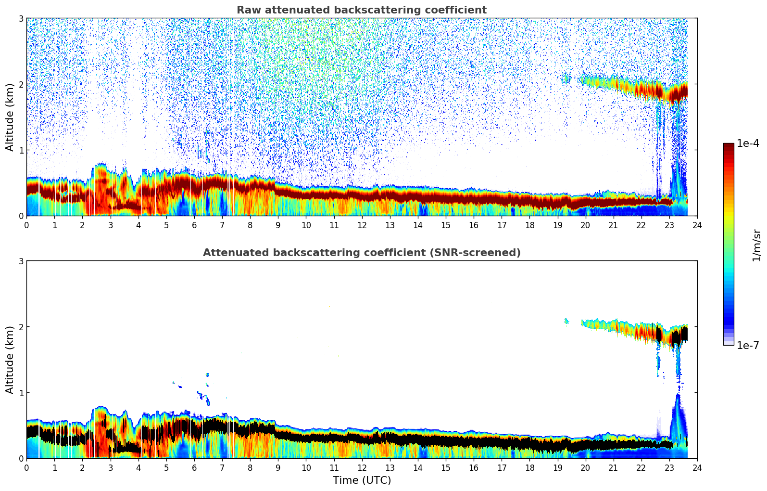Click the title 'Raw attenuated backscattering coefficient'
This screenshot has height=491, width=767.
click(361, 10)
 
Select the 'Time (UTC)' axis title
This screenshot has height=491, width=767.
click(362, 480)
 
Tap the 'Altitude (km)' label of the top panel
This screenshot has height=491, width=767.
click(10, 117)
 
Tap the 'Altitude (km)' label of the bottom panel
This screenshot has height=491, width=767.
click(10, 360)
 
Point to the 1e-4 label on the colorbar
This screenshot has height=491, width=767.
click(748, 143)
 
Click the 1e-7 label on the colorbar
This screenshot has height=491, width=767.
click(748, 345)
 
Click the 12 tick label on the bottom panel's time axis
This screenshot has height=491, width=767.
click(362, 468)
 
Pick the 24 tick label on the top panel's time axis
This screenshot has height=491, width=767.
click(697, 225)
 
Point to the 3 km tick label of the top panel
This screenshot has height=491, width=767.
click(21, 18)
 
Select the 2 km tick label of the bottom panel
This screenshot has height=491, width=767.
click(21, 327)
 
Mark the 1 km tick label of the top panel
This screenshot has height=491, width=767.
click(21, 150)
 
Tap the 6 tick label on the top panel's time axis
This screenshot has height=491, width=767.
click(194, 225)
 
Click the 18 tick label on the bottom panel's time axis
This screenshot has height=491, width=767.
click(529, 468)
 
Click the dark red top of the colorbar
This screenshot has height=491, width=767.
click(729, 146)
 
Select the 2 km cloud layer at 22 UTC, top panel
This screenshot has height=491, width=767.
click(641, 90)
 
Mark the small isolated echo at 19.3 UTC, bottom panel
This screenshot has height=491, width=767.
click(566, 321)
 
